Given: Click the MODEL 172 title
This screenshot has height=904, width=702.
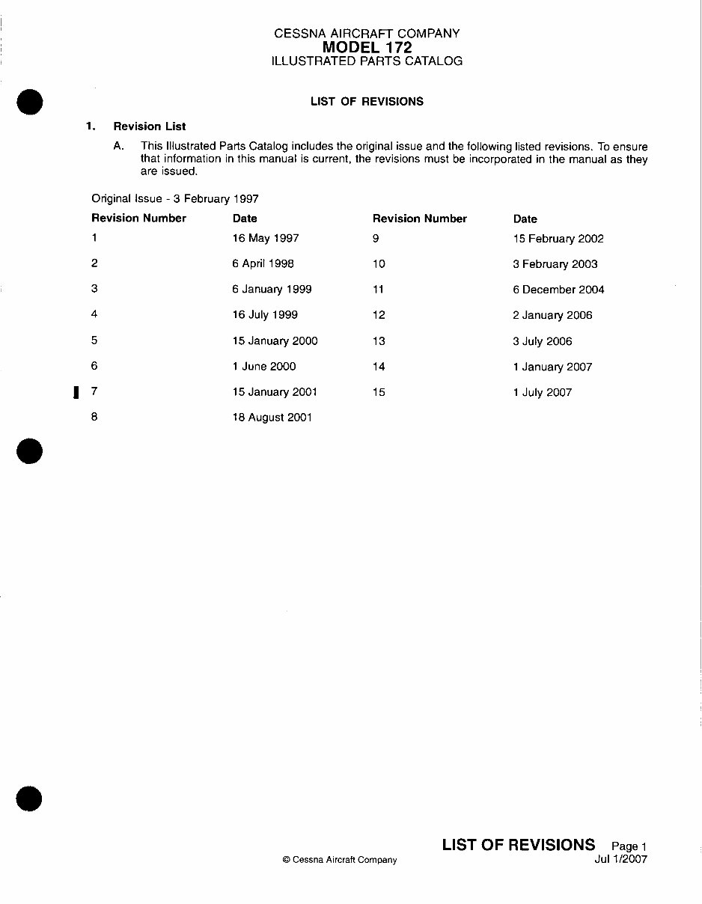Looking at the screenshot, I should coord(367,47).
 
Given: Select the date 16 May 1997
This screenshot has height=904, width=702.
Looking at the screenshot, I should coord(265,238).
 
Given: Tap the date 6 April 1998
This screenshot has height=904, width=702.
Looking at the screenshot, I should coord(263,263).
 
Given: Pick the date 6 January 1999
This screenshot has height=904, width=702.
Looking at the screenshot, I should coord(272,289).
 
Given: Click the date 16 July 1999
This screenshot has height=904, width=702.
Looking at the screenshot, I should coord(265,315).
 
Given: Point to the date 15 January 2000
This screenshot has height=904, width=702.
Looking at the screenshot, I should coord(275,340).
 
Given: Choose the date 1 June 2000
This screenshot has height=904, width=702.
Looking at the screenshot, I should coord(263,366).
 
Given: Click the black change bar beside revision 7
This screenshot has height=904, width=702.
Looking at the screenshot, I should coord(76,392).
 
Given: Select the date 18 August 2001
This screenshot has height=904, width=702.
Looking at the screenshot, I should coord(272,418).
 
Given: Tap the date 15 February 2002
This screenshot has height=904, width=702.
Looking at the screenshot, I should coord(558,239).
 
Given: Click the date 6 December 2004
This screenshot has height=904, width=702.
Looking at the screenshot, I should coord(558,290).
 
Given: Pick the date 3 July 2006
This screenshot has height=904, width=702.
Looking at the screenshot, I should coord(543,341).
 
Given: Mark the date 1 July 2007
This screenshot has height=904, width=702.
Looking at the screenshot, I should coord(543,392).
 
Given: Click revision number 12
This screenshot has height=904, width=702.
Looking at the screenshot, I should coord(379,315).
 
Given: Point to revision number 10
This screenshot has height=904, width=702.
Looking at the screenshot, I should coord(379,264).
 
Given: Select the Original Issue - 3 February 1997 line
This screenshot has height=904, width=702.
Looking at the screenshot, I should coord(175,199).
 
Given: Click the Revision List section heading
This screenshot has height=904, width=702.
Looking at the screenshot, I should coord(150,126).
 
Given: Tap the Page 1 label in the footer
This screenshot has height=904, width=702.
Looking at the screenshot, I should coord(629,846).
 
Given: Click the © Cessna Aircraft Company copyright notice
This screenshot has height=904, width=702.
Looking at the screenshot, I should coord(340,860).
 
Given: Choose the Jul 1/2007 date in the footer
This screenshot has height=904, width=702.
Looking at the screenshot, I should coord(620,859).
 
